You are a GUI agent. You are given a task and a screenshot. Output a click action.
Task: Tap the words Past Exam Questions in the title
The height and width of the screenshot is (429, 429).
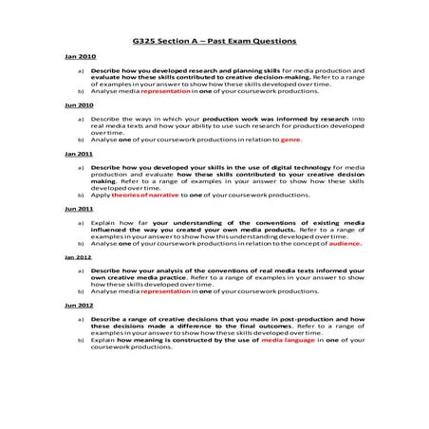click(x=250, y=41)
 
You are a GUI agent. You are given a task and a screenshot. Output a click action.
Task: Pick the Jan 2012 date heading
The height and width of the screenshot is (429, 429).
click(x=78, y=257)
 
